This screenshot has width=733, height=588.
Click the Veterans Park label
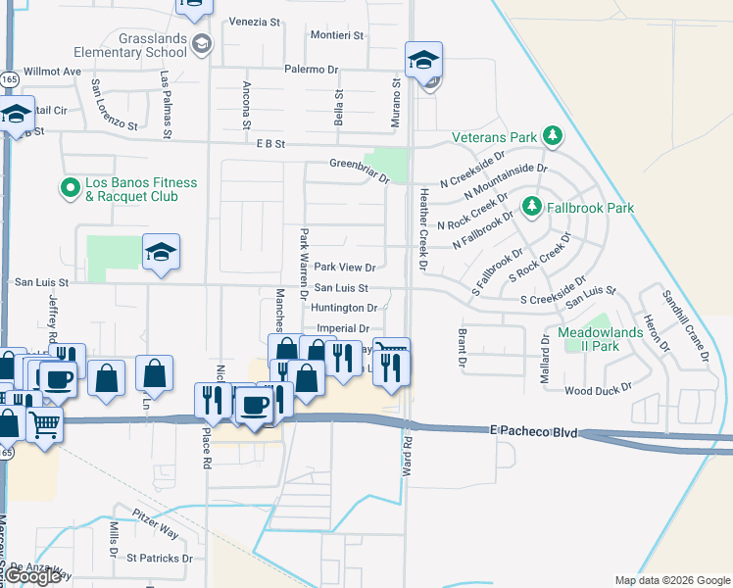(495, 136)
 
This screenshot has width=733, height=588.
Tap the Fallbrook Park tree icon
(531, 207)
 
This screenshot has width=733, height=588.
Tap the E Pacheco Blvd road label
(534, 431)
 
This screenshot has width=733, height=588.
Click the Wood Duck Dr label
(599, 390)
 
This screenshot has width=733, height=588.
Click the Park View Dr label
(344, 268)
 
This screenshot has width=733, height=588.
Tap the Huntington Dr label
(344, 308)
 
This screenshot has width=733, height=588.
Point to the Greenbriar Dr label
(360, 164)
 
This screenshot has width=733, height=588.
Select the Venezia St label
(255, 21)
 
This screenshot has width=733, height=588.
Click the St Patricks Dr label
(160, 558)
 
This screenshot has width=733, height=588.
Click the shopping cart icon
(44, 425)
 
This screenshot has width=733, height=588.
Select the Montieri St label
(336, 34)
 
